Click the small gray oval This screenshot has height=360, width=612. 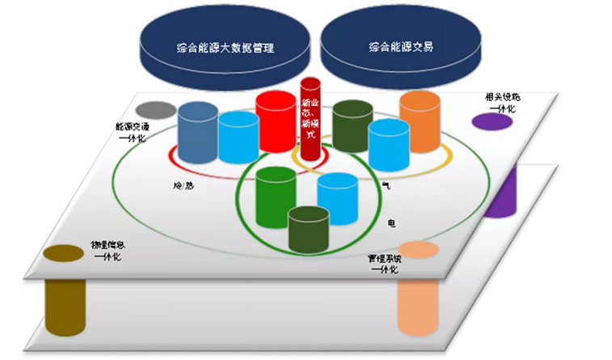coord(156,109)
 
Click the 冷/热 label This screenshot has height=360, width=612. coord(183,185)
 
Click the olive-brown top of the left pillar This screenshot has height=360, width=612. coord(62,252)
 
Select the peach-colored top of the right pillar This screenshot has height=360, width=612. coord(417,249)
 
